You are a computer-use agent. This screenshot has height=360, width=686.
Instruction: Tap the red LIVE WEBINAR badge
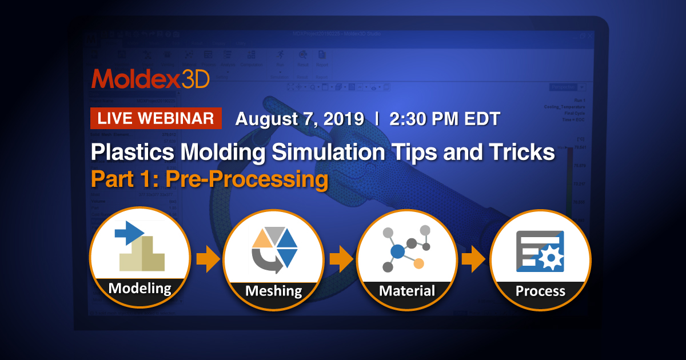point(156,118)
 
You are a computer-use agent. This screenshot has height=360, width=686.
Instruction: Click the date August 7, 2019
point(300,119)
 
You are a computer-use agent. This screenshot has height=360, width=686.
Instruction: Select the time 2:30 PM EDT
point(445,119)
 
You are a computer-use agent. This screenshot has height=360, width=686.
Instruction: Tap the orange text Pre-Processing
point(247,179)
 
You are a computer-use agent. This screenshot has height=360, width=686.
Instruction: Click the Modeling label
point(140,287)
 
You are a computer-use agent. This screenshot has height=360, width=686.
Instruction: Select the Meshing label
point(273,290)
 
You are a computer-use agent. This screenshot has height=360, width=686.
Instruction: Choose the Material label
point(406,290)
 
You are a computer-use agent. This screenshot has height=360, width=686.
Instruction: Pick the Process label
point(540,291)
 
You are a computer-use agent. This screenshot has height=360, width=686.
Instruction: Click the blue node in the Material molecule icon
point(396,251)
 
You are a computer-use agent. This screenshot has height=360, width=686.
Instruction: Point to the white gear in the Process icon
point(551,258)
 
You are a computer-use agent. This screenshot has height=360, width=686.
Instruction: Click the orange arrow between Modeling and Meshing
point(208,260)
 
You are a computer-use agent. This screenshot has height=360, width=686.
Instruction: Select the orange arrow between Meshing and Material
point(341,260)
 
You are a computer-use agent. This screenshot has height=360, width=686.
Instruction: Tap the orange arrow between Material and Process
point(474,260)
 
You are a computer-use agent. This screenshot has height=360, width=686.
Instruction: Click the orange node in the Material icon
point(418,263)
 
